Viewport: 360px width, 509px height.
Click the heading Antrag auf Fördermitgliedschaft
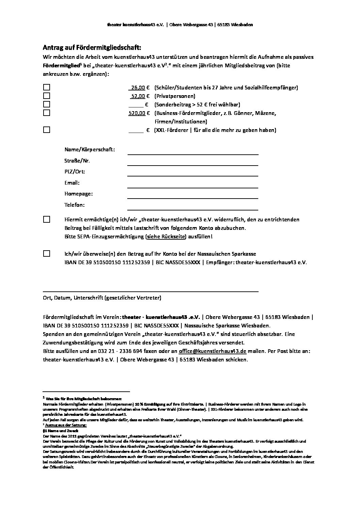92,47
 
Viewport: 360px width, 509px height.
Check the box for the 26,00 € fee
47,87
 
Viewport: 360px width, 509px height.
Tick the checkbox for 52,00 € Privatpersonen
47,96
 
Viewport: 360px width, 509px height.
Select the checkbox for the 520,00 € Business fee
47,113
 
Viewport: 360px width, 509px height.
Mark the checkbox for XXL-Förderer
47,130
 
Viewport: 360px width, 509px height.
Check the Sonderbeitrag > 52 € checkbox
47,104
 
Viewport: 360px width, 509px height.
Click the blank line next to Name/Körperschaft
193,152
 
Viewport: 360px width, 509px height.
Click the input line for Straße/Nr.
193,163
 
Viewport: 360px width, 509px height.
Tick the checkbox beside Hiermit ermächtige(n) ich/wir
47,220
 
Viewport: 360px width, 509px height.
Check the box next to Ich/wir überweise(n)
47,254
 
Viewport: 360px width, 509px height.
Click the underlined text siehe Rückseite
166,237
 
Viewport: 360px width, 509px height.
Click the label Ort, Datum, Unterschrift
102,298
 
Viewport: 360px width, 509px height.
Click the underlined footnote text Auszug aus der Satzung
70,425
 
